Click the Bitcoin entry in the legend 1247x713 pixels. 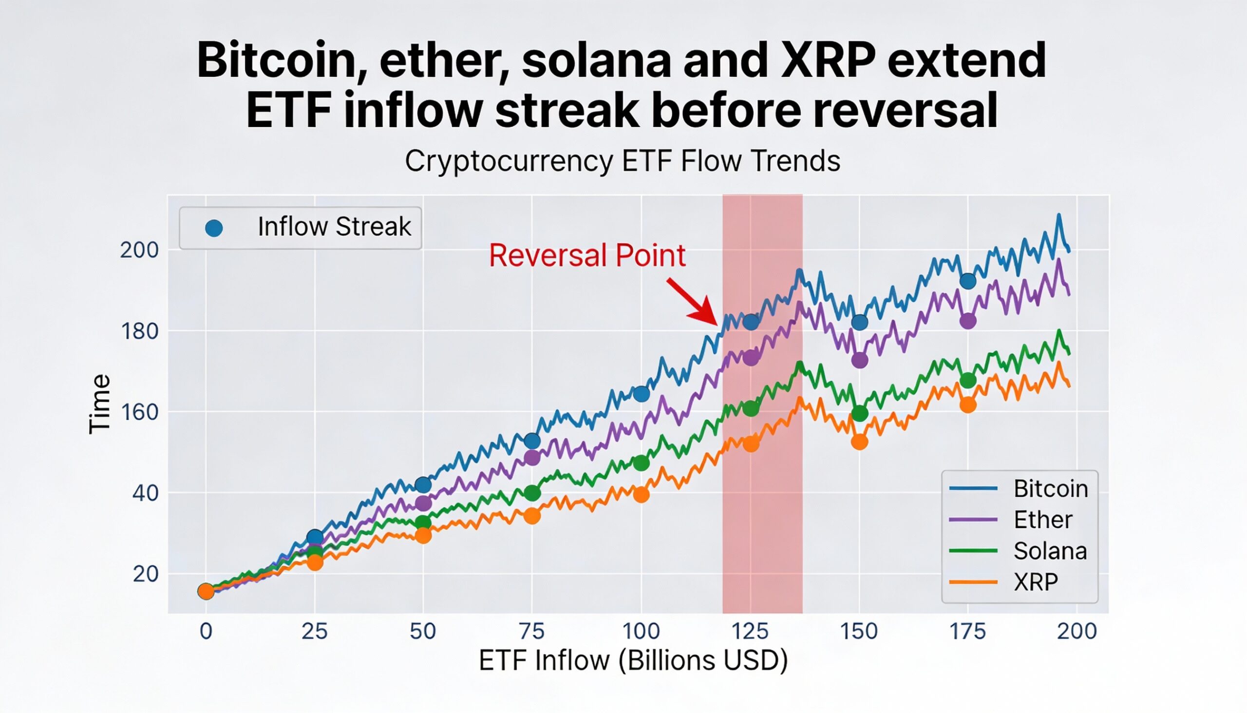tap(1050, 489)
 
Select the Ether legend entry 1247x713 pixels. tap(1042, 520)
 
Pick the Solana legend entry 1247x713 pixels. tap(1050, 551)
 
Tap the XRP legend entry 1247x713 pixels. tap(1035, 582)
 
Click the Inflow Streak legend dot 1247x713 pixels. tap(214, 228)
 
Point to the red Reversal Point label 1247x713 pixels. tap(587, 255)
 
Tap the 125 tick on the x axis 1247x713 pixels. tap(750, 631)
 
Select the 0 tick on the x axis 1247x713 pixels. tap(206, 631)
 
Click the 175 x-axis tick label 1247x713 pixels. tap(967, 631)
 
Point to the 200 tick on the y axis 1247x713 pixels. tap(139, 250)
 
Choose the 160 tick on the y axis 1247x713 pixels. tap(139, 412)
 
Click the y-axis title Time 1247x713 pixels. tap(100, 404)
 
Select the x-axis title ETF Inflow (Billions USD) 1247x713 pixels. tap(633, 660)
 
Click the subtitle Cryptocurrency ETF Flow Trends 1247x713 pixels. tap(623, 161)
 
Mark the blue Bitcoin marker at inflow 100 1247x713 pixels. tap(641, 394)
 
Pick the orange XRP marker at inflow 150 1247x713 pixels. tap(859, 442)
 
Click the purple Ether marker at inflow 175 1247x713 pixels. tap(967, 321)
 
